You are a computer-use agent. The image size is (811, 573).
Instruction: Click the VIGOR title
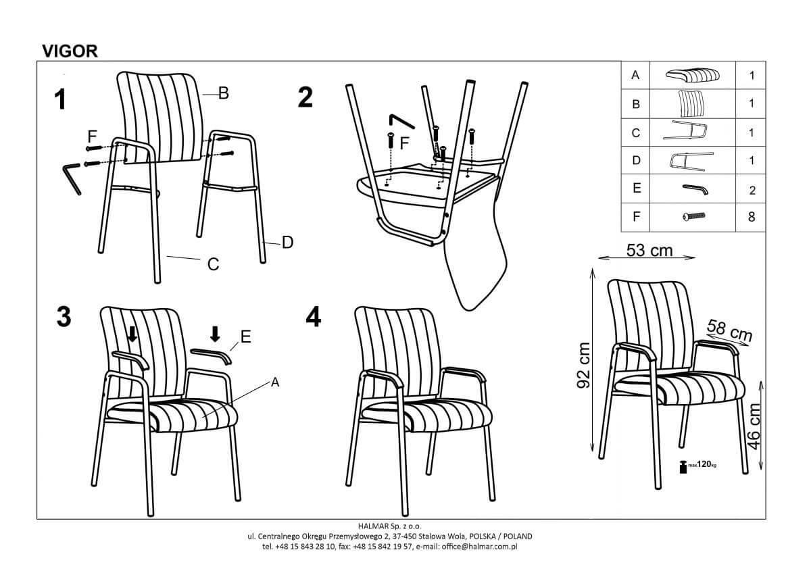[70, 51]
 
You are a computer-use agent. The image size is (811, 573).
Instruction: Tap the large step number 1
[60, 99]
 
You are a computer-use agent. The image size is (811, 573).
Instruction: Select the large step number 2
[305, 97]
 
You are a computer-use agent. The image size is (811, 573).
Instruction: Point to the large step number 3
[64, 317]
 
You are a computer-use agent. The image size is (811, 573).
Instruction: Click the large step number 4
[313, 317]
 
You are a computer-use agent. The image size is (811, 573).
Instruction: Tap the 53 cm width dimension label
[649, 250]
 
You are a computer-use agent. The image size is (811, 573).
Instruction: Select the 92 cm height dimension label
[583, 364]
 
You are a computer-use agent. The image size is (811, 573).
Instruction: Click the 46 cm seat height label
[754, 427]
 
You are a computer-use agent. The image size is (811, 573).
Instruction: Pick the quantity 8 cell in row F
[752, 217]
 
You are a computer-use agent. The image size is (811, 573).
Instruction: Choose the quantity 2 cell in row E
[752, 190]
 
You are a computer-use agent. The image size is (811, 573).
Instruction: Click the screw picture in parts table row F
[693, 216]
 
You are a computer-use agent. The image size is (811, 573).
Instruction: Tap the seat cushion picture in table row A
[692, 75]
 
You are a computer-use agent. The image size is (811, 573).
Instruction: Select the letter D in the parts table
[636, 160]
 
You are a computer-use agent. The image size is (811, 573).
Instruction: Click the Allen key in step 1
[72, 178]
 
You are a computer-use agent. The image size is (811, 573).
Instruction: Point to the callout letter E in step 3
[246, 337]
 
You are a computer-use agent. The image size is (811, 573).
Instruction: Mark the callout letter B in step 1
[224, 93]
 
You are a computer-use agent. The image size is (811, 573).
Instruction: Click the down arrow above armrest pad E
[216, 334]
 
